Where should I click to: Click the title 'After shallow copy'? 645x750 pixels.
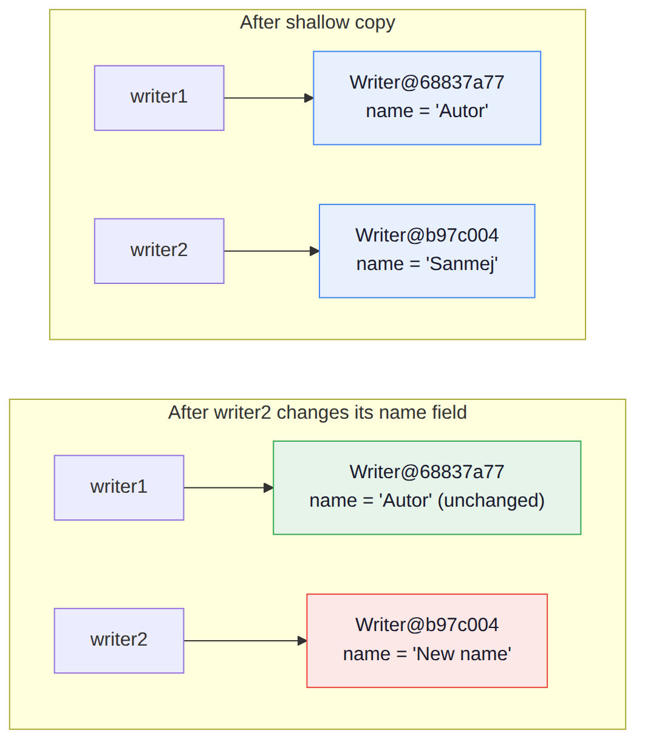click(x=317, y=22)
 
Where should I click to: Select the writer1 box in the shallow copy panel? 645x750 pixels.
click(x=159, y=98)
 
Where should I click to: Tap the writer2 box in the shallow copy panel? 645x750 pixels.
click(x=159, y=251)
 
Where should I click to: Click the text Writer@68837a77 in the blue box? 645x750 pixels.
click(x=427, y=83)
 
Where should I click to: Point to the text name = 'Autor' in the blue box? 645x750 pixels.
click(x=427, y=110)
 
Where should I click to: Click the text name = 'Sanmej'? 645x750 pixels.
click(x=427, y=264)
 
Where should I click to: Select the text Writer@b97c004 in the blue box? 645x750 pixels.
click(x=427, y=235)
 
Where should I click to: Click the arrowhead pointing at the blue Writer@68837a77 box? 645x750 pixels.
click(x=309, y=98)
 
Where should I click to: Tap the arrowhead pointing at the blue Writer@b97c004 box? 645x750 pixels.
click(x=315, y=251)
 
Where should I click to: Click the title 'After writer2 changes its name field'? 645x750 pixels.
click(x=317, y=413)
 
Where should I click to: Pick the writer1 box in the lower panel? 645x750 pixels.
click(x=119, y=488)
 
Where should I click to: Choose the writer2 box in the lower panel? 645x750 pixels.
click(x=119, y=641)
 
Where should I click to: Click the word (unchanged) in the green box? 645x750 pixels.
click(x=491, y=501)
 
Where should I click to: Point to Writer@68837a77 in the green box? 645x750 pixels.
click(x=427, y=472)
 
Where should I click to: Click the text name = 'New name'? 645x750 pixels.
click(x=427, y=654)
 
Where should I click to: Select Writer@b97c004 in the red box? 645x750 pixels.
click(x=427, y=625)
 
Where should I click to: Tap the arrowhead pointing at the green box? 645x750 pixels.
click(x=268, y=488)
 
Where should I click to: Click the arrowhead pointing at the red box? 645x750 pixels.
click(x=302, y=641)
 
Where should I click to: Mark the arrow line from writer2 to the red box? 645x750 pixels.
click(x=245, y=641)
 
